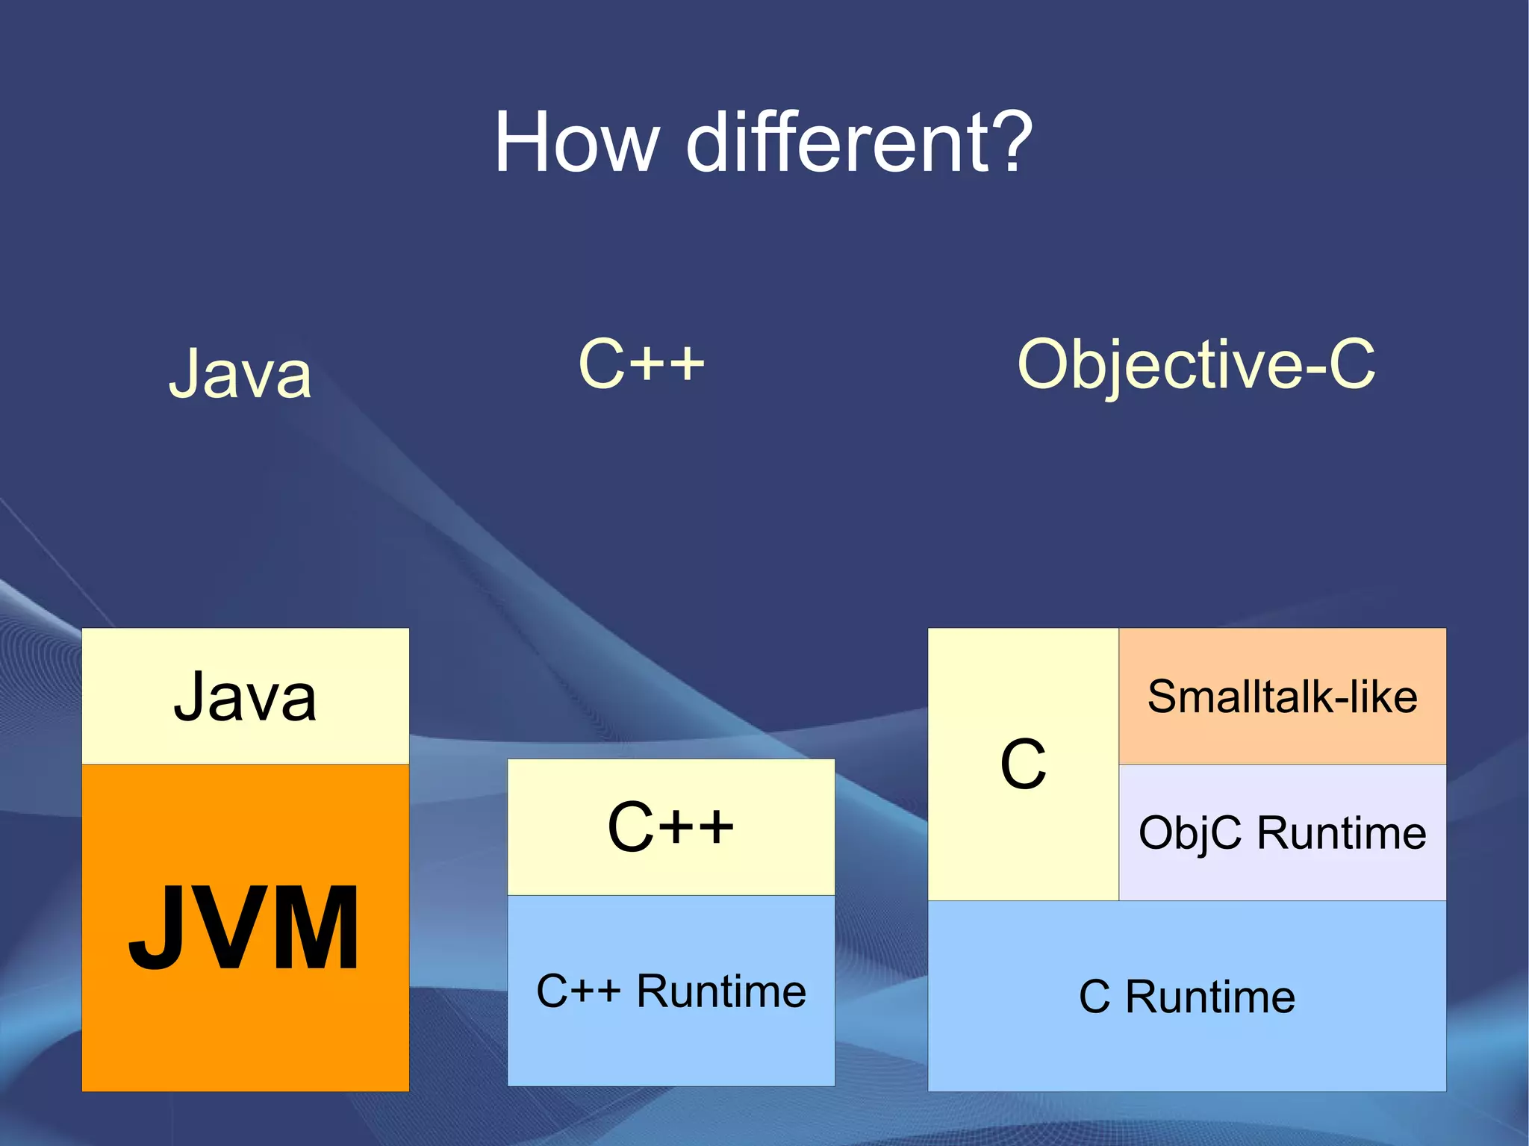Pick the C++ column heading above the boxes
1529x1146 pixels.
tap(641, 364)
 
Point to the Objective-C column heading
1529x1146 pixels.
tap(1196, 365)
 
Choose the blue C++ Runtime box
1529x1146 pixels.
tap(670, 1045)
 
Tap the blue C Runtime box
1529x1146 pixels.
tap(1186, 1045)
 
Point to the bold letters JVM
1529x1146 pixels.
tap(244, 928)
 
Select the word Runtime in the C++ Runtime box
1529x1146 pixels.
tap(721, 991)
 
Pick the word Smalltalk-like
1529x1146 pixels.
tap(1282, 697)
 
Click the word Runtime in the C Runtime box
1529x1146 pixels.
tap(1210, 997)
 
